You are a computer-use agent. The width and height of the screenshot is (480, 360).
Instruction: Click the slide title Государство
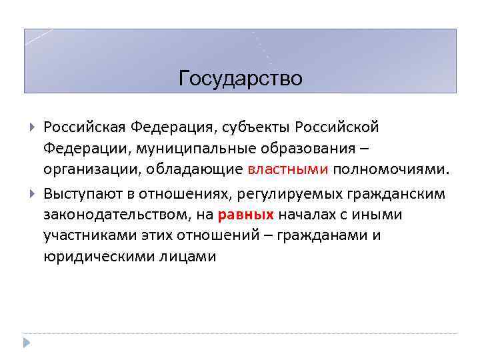pyautogui.click(x=241, y=79)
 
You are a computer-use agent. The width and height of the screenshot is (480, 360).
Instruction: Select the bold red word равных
pyautogui.click(x=245, y=215)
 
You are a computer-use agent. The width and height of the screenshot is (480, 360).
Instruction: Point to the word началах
pyautogui.click(x=306, y=215)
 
